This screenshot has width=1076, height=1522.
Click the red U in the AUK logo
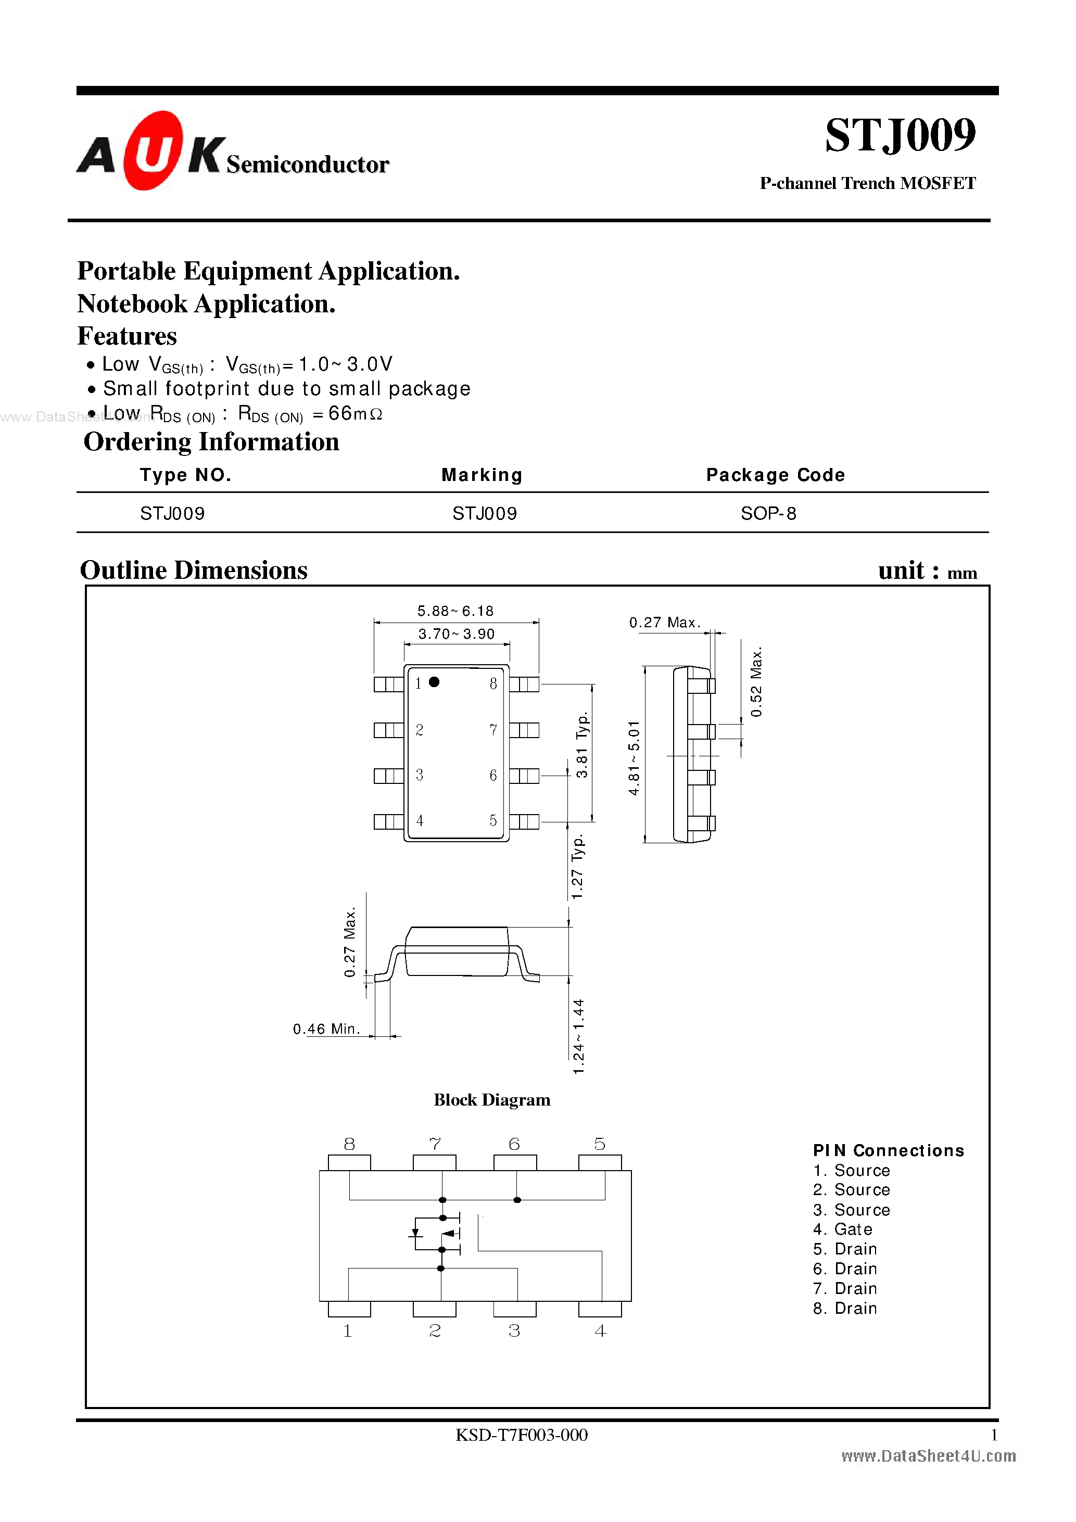tap(152, 151)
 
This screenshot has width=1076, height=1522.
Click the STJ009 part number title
tap(900, 135)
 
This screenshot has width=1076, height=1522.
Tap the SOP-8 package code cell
tap(768, 514)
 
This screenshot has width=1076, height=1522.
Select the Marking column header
tap(482, 475)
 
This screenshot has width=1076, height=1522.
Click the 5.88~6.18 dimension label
tap(455, 611)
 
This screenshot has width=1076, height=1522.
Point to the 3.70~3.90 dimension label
tap(456, 633)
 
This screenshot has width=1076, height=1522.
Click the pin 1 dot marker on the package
tap(434, 682)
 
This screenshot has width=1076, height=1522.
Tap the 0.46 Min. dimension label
tap(326, 1029)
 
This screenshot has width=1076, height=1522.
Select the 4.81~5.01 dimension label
tap(634, 758)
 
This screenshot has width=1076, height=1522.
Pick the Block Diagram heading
tap(492, 1100)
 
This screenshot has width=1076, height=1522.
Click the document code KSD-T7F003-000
tap(521, 1435)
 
